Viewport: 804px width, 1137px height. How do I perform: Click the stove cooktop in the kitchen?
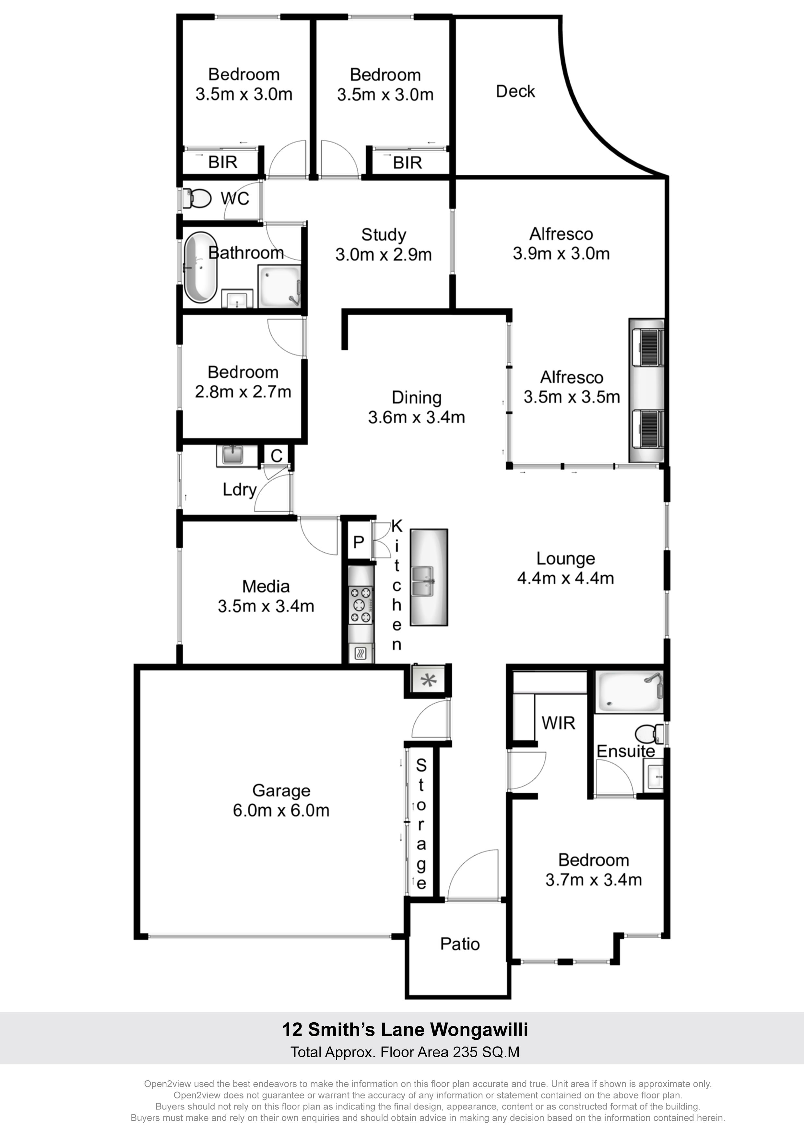[x=361, y=604]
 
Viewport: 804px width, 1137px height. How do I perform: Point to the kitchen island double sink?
[x=422, y=581]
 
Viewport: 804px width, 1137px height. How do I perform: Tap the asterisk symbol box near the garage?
[x=429, y=680]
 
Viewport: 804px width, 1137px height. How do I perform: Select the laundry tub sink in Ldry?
[x=231, y=455]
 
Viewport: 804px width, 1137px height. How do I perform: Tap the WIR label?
[x=558, y=723]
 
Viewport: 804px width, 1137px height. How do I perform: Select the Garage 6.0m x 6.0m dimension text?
[x=281, y=810]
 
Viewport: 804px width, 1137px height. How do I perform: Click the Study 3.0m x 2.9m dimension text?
[x=384, y=254]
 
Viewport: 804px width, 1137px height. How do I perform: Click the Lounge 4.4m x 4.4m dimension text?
[x=565, y=578]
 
